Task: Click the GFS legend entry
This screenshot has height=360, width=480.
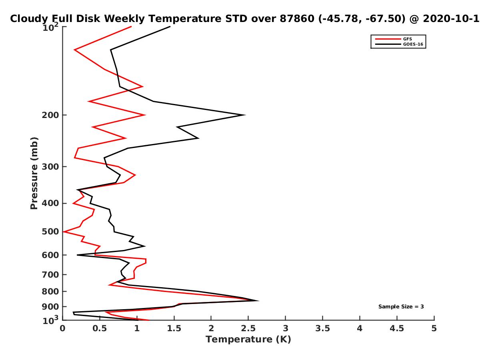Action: [393, 39]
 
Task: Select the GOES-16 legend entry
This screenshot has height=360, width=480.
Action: [399, 44]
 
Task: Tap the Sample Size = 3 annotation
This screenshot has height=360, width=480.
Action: [401, 306]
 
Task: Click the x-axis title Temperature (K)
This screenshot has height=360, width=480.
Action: [248, 339]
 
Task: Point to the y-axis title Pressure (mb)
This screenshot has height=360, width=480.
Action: [34, 173]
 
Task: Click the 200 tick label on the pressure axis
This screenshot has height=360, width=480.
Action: [50, 115]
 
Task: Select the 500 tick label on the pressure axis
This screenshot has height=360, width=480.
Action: [50, 232]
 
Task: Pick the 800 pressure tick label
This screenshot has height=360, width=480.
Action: [50, 291]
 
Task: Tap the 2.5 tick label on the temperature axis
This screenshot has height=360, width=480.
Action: [248, 328]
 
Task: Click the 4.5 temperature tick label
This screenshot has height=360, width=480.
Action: [397, 328]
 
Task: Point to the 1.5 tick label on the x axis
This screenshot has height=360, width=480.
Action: [174, 328]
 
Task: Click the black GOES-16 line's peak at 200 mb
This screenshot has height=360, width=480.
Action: [245, 115]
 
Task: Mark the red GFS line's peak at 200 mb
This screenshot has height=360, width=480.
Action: [145, 115]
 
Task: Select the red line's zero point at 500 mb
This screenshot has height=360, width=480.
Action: [63, 232]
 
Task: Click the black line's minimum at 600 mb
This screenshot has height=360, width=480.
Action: [77, 255]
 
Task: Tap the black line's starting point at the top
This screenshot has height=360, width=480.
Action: [170, 27]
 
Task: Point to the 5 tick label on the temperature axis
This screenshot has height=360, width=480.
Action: [434, 328]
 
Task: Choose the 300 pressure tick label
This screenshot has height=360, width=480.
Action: [50, 166]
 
